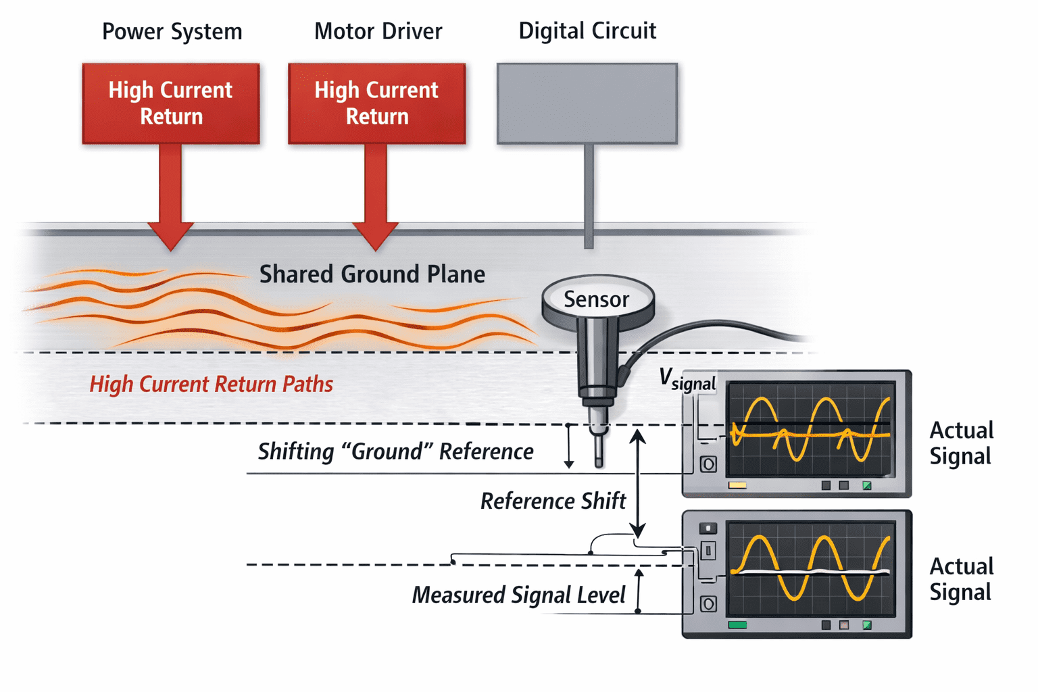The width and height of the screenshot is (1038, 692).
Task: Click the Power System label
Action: point(172,32)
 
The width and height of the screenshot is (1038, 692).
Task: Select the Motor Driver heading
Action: point(378,32)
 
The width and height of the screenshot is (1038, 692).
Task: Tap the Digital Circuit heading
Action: point(587,31)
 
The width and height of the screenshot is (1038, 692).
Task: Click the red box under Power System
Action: point(171,103)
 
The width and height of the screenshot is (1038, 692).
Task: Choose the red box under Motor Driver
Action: point(376,103)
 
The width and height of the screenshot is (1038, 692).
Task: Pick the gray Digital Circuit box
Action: point(587,103)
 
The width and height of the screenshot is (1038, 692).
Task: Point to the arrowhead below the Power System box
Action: point(170,237)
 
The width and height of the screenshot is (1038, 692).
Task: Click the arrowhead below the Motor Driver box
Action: point(375,237)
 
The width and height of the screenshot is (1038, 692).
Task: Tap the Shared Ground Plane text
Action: point(372,274)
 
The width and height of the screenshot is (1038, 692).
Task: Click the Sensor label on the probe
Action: point(597,299)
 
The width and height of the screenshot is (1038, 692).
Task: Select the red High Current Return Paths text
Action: point(212,385)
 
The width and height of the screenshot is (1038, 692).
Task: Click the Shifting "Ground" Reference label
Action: point(396,451)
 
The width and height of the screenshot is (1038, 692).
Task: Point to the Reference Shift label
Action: point(553,501)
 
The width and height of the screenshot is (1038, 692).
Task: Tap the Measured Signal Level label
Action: point(519,595)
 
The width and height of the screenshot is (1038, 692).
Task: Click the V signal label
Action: point(687,380)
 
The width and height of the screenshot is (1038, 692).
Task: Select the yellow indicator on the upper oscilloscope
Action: point(737,485)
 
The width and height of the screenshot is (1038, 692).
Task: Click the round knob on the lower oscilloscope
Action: point(708,604)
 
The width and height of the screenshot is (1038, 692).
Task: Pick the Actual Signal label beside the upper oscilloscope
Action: point(962,443)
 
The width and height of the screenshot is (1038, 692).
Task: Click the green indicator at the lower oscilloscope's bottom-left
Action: point(737,625)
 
